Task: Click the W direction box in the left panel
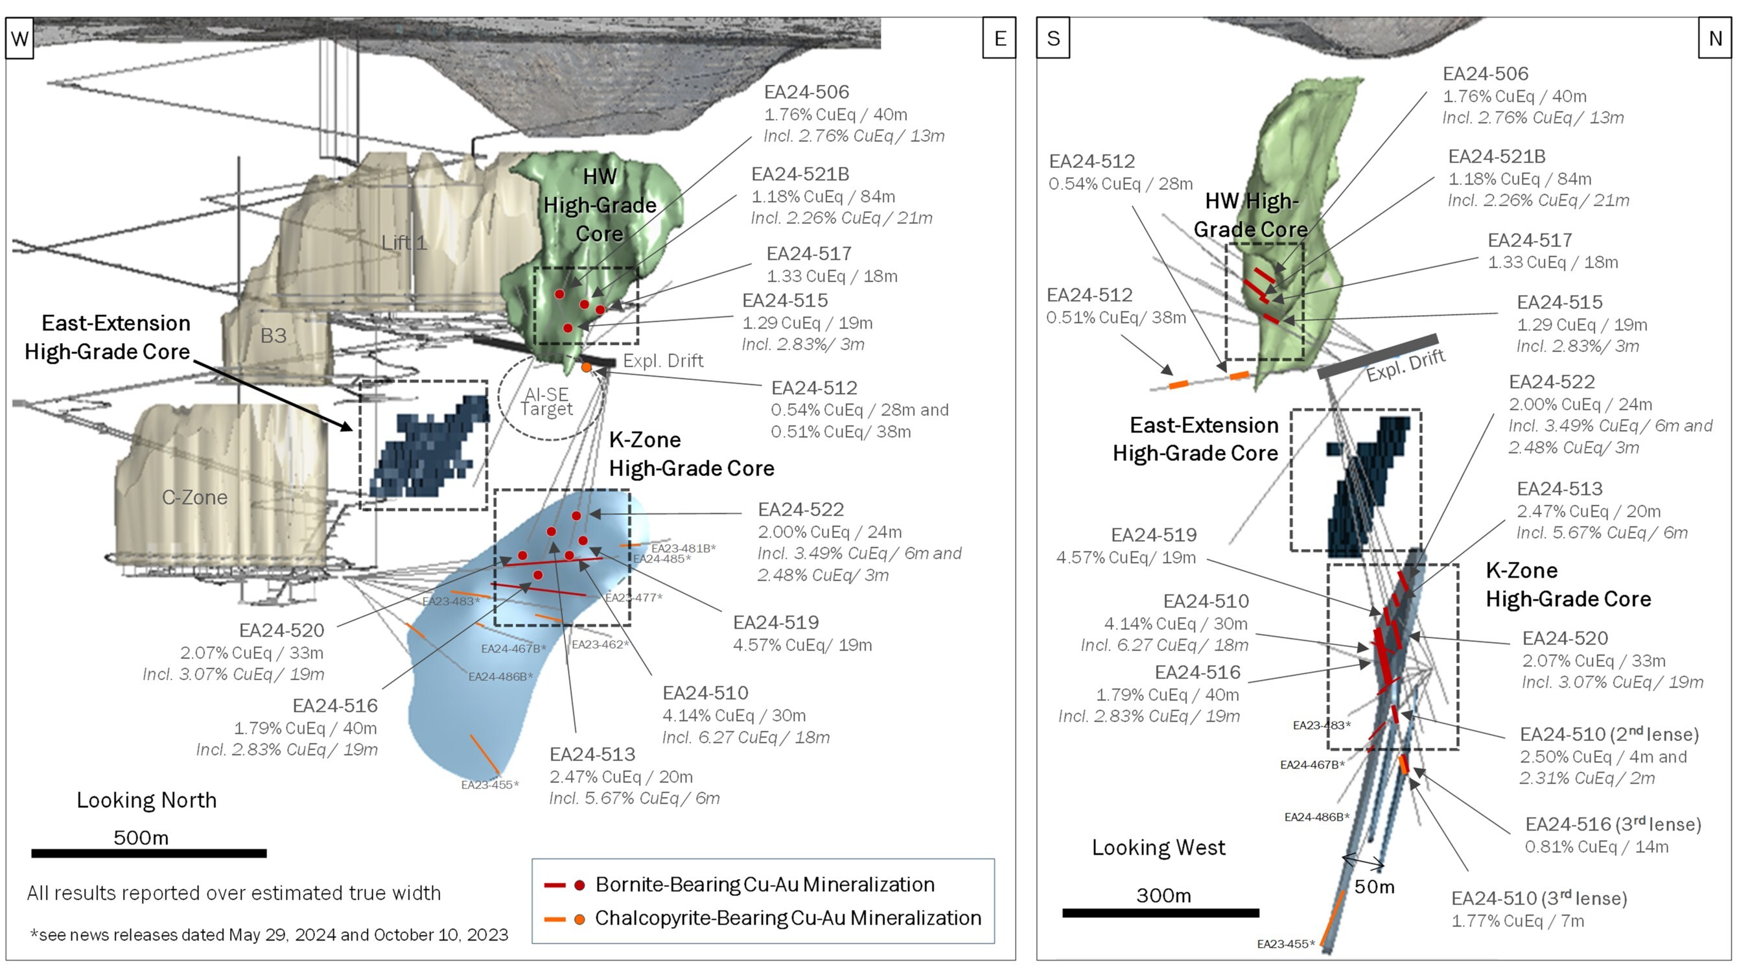19,39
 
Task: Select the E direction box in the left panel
999,39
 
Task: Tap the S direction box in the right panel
1053,39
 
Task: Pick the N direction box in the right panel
1714,39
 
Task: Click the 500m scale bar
149,853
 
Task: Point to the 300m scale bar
1160,912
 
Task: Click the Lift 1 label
404,242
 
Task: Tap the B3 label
273,336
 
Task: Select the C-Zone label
194,497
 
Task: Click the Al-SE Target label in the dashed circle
547,401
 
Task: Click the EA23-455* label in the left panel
490,785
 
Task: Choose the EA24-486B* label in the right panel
1316,818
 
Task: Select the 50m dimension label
1374,887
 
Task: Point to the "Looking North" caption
146,801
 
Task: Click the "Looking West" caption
1158,848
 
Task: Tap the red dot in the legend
579,886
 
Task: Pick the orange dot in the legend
579,919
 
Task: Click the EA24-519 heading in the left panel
776,622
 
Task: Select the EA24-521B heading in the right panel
1497,156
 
